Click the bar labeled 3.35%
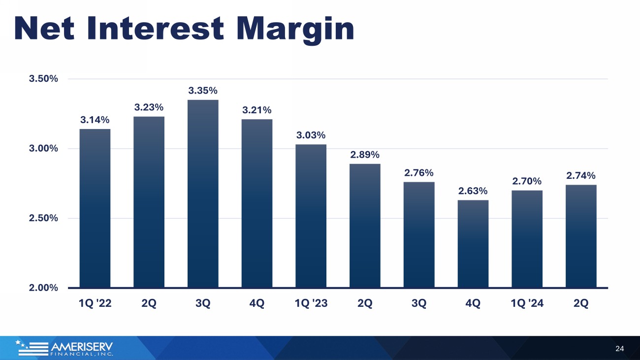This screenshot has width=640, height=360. pyautogui.click(x=203, y=194)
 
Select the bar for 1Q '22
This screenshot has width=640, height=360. pyautogui.click(x=95, y=208)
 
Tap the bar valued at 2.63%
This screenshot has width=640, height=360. pyautogui.click(x=473, y=244)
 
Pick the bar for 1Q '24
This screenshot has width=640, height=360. pyautogui.click(x=527, y=239)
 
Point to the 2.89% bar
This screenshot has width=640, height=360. pyautogui.click(x=365, y=226)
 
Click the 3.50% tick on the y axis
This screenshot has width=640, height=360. pyautogui.click(x=43, y=79)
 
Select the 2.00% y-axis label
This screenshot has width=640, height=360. pyautogui.click(x=43, y=288)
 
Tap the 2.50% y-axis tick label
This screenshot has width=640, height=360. pyautogui.click(x=43, y=218)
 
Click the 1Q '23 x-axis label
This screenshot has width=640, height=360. pyautogui.click(x=311, y=303)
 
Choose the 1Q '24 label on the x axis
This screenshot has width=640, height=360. pyautogui.click(x=527, y=303)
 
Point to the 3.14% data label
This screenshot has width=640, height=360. pyautogui.click(x=95, y=120)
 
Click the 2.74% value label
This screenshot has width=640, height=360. pyautogui.click(x=581, y=176)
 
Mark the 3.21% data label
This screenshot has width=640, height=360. pyautogui.click(x=257, y=110)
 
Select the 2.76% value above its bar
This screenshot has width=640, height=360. pyautogui.click(x=419, y=173)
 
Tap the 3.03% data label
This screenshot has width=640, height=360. pyautogui.click(x=311, y=135)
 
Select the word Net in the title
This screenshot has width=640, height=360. pyautogui.click(x=44, y=28)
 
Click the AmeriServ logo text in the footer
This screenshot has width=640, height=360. pyautogui.click(x=82, y=349)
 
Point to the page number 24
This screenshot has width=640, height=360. pyautogui.click(x=620, y=349)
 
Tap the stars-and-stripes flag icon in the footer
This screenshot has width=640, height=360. pyautogui.click(x=32, y=348)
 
